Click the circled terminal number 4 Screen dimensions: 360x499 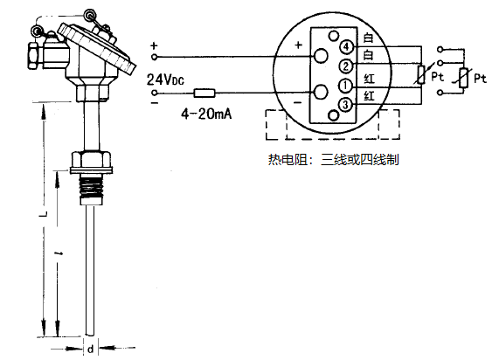point(347,46)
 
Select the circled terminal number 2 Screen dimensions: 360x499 point(347,66)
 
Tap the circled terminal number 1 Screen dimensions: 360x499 point(347,86)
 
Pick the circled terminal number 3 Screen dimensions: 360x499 point(347,105)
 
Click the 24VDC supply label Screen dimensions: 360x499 point(166,80)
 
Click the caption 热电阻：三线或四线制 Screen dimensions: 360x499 point(336,160)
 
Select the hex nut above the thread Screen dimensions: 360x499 point(91,160)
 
